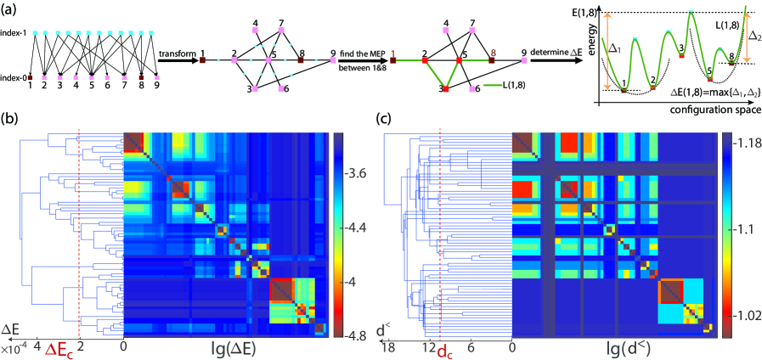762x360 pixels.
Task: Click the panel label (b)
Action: [x=13, y=118]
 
